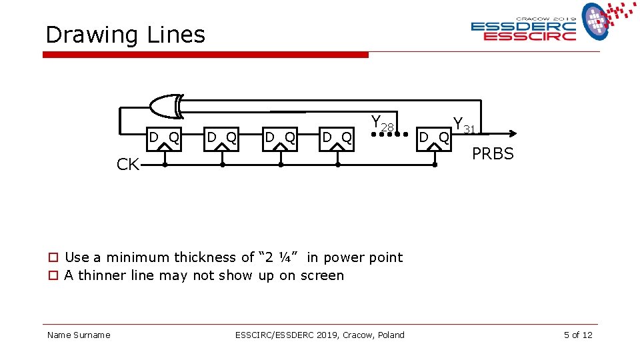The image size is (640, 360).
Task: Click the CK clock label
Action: [127, 165]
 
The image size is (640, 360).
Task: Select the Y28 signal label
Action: [383, 123]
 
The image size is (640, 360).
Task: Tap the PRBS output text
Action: [493, 154]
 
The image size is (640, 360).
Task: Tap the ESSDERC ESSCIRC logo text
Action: [523, 31]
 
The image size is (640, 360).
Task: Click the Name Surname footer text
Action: [79, 335]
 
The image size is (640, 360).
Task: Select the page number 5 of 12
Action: [577, 335]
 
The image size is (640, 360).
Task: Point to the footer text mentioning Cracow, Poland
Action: [319, 335]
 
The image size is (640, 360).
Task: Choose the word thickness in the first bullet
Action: [207, 257]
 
